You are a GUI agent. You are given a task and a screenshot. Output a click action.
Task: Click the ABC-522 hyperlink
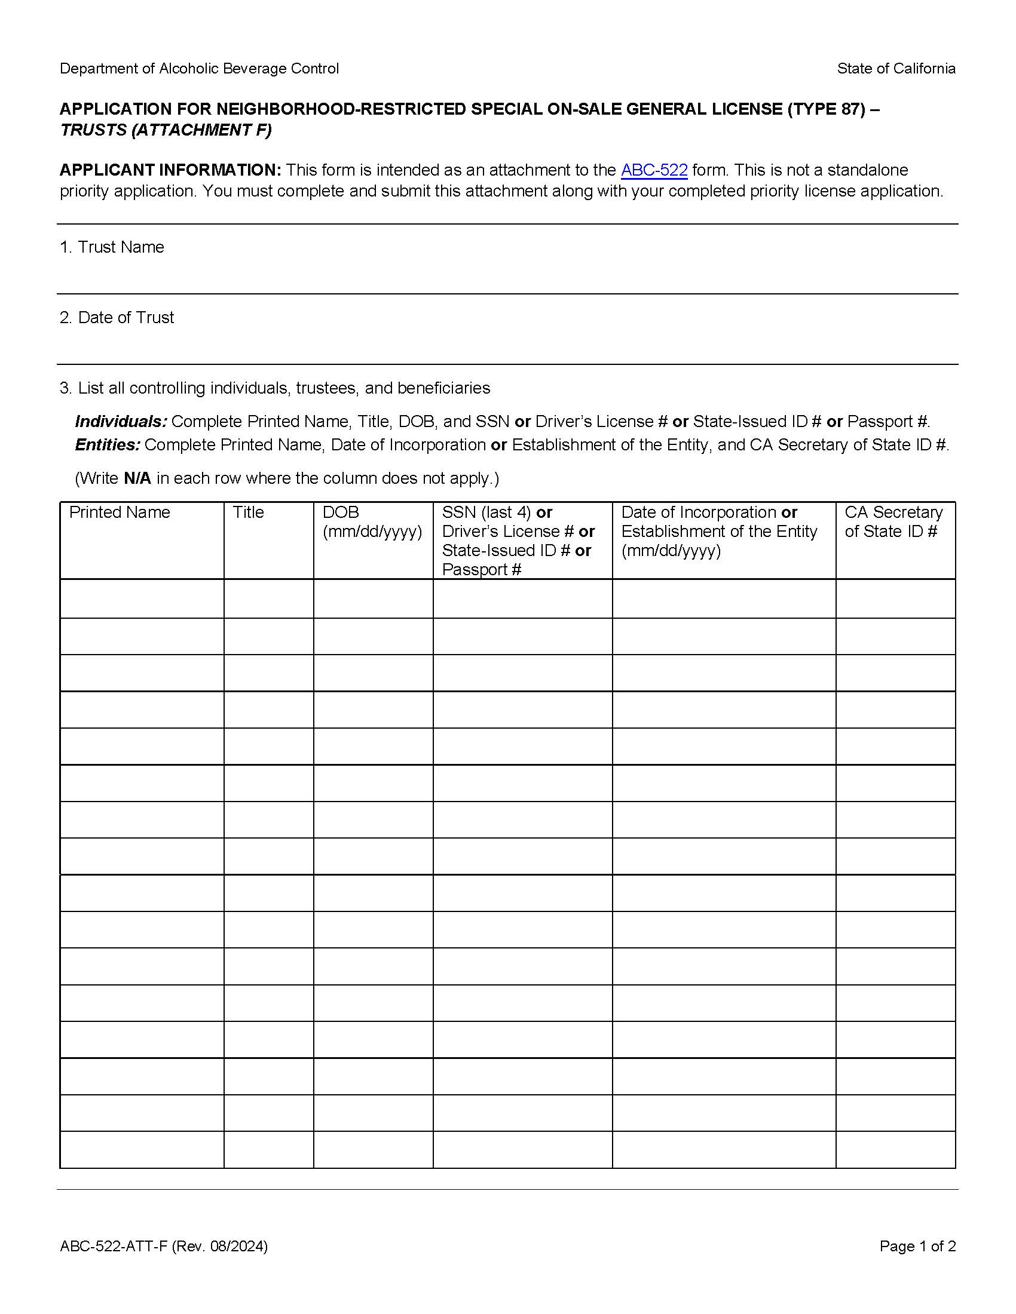pos(654,170)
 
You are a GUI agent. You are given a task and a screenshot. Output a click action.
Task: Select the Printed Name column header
pos(119,512)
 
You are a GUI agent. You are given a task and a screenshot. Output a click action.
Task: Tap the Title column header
pos(248,512)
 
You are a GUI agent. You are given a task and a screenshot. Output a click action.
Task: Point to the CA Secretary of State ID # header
pos(893,521)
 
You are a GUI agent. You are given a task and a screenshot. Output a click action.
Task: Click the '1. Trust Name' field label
pos(112,247)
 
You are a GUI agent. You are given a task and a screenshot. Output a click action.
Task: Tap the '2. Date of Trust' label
pos(117,318)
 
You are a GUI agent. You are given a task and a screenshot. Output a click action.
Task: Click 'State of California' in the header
pos(896,69)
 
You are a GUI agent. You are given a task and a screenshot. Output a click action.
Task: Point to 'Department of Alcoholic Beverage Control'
pos(199,69)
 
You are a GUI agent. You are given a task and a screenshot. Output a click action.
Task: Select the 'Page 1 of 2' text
pos(917,1245)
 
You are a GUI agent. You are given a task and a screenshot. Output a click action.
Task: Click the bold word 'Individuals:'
pos(121,421)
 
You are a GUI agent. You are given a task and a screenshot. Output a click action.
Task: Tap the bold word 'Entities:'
pos(108,444)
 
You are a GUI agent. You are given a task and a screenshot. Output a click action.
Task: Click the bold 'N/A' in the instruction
pos(137,478)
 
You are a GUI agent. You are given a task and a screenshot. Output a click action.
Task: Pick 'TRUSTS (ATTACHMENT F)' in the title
pos(166,130)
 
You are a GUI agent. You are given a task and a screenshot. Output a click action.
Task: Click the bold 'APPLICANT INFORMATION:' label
pos(170,170)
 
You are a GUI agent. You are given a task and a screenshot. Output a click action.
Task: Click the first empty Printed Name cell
pos(142,598)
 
